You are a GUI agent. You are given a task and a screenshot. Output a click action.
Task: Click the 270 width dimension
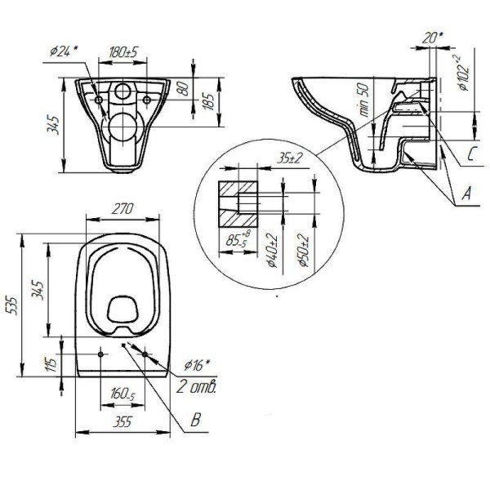pyautogui.click(x=122, y=208)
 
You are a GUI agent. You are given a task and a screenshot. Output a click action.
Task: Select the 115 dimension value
pyautogui.click(x=50, y=363)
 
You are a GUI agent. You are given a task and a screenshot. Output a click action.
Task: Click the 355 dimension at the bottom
pyautogui.click(x=122, y=423)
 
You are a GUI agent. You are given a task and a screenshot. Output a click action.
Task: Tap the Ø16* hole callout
pyautogui.click(x=197, y=364)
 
